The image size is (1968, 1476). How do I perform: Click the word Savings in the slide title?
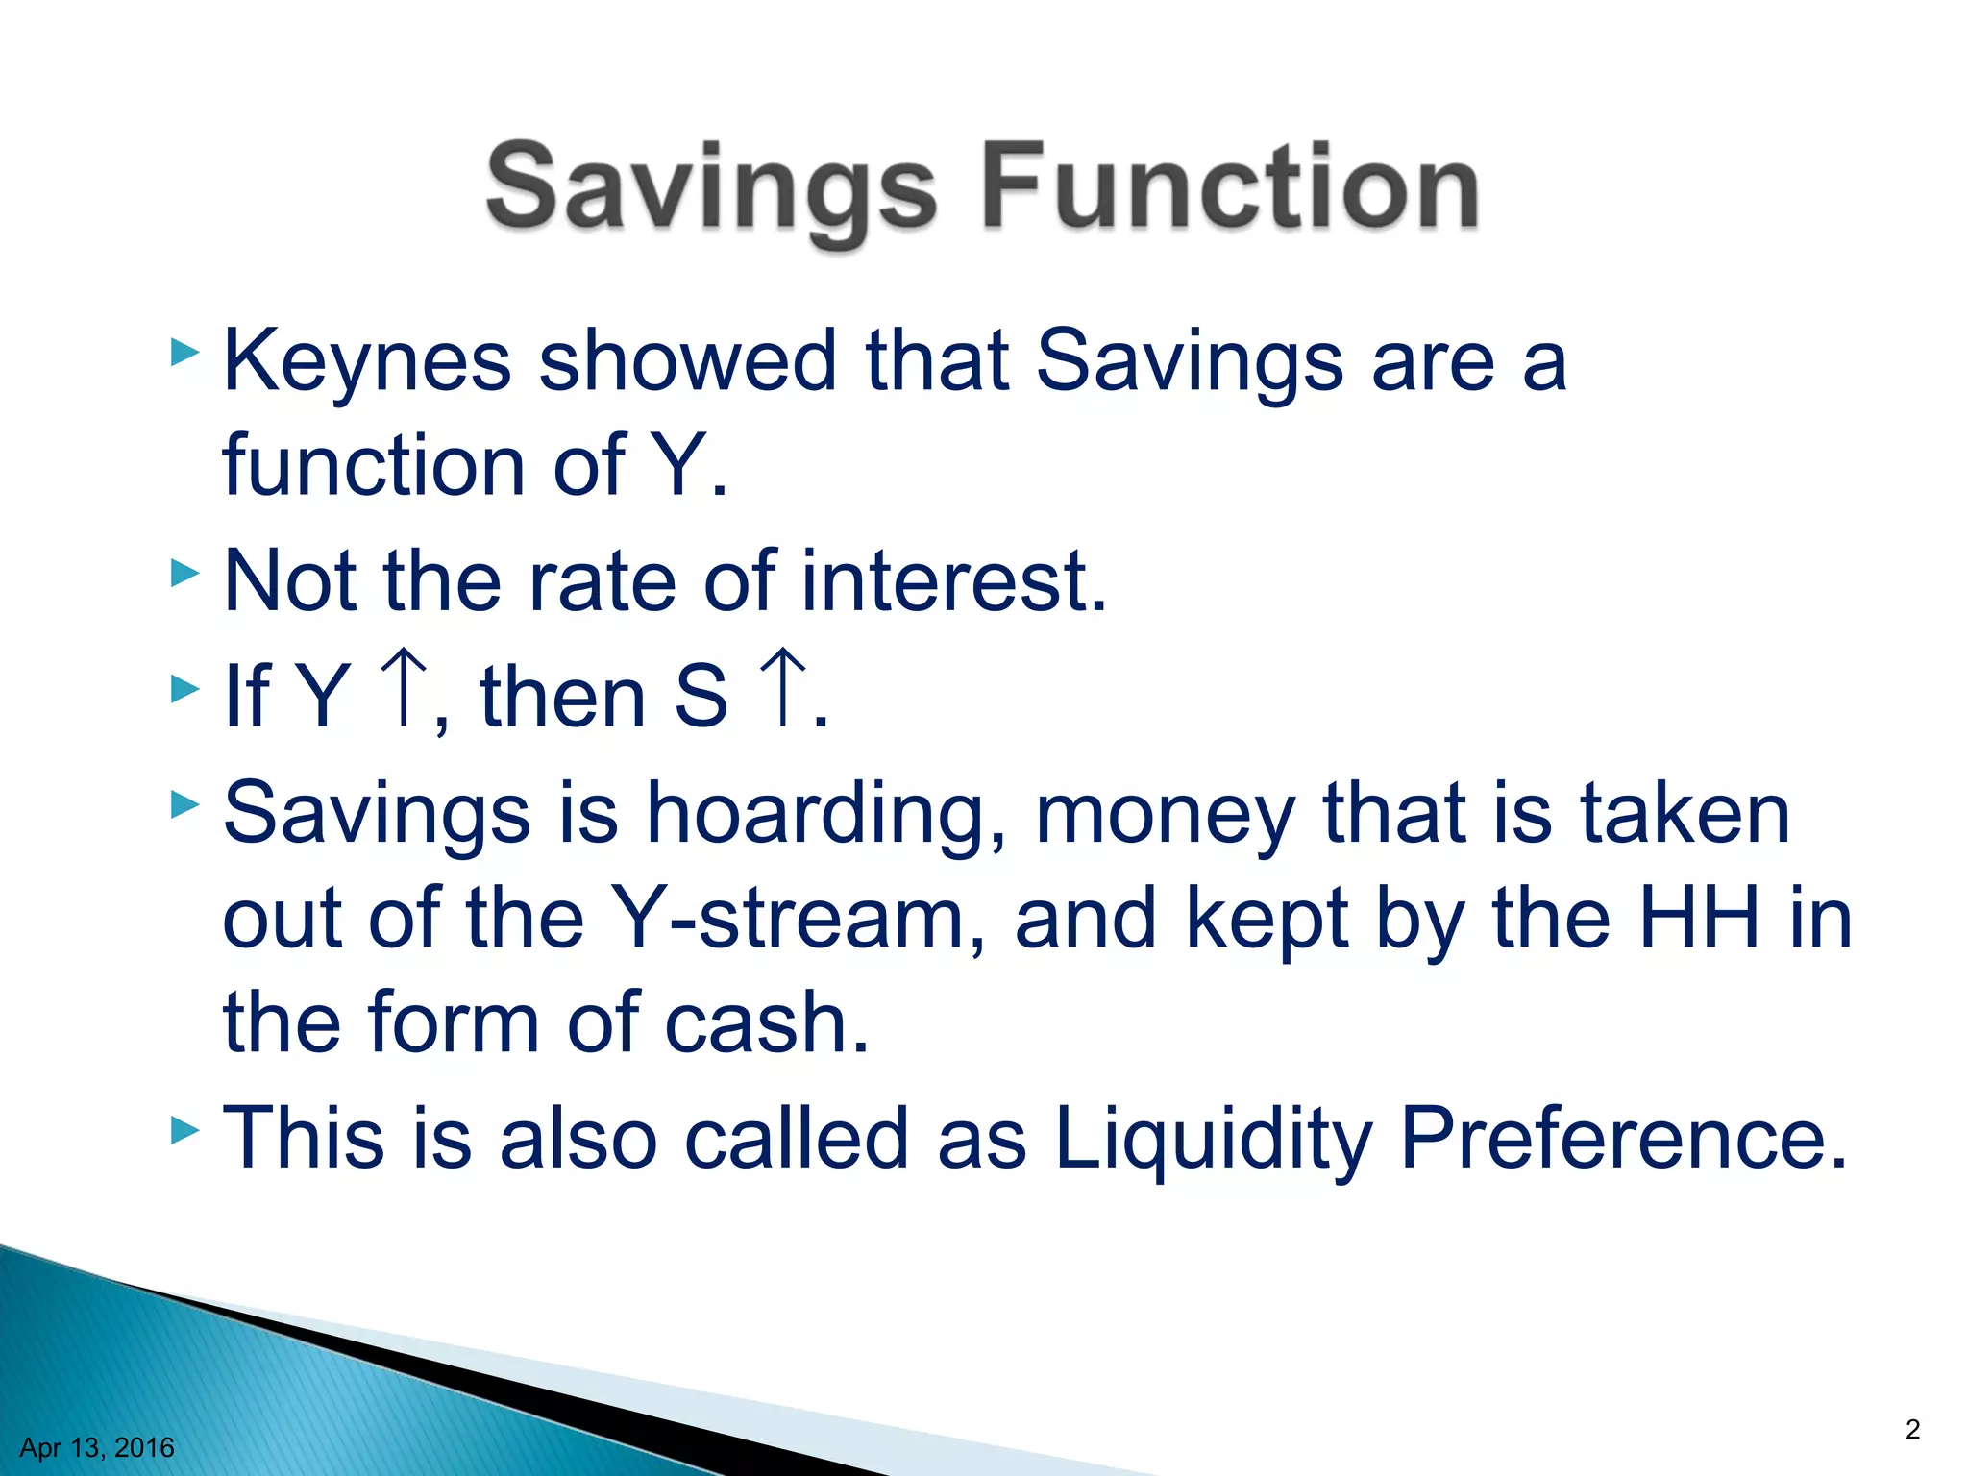pyautogui.click(x=711, y=187)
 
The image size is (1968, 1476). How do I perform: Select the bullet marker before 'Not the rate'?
pyautogui.click(x=184, y=574)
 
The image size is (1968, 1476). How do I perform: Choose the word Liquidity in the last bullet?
pyautogui.click(x=1213, y=1140)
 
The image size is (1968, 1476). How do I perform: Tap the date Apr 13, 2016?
pyautogui.click(x=97, y=1447)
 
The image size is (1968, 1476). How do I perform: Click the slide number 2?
pyautogui.click(x=1912, y=1429)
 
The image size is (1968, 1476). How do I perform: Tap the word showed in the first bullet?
pyautogui.click(x=688, y=361)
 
